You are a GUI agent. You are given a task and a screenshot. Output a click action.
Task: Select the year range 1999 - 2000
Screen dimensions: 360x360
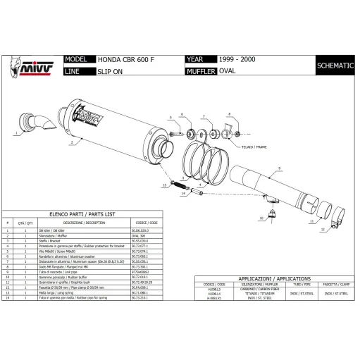[x=237, y=61]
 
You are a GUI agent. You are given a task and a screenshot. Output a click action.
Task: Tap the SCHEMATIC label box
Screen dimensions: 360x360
[x=334, y=65]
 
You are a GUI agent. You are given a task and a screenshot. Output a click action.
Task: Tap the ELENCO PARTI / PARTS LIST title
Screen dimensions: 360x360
[x=82, y=212]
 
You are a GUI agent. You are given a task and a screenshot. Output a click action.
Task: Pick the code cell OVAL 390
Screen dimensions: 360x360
[x=139, y=235]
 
